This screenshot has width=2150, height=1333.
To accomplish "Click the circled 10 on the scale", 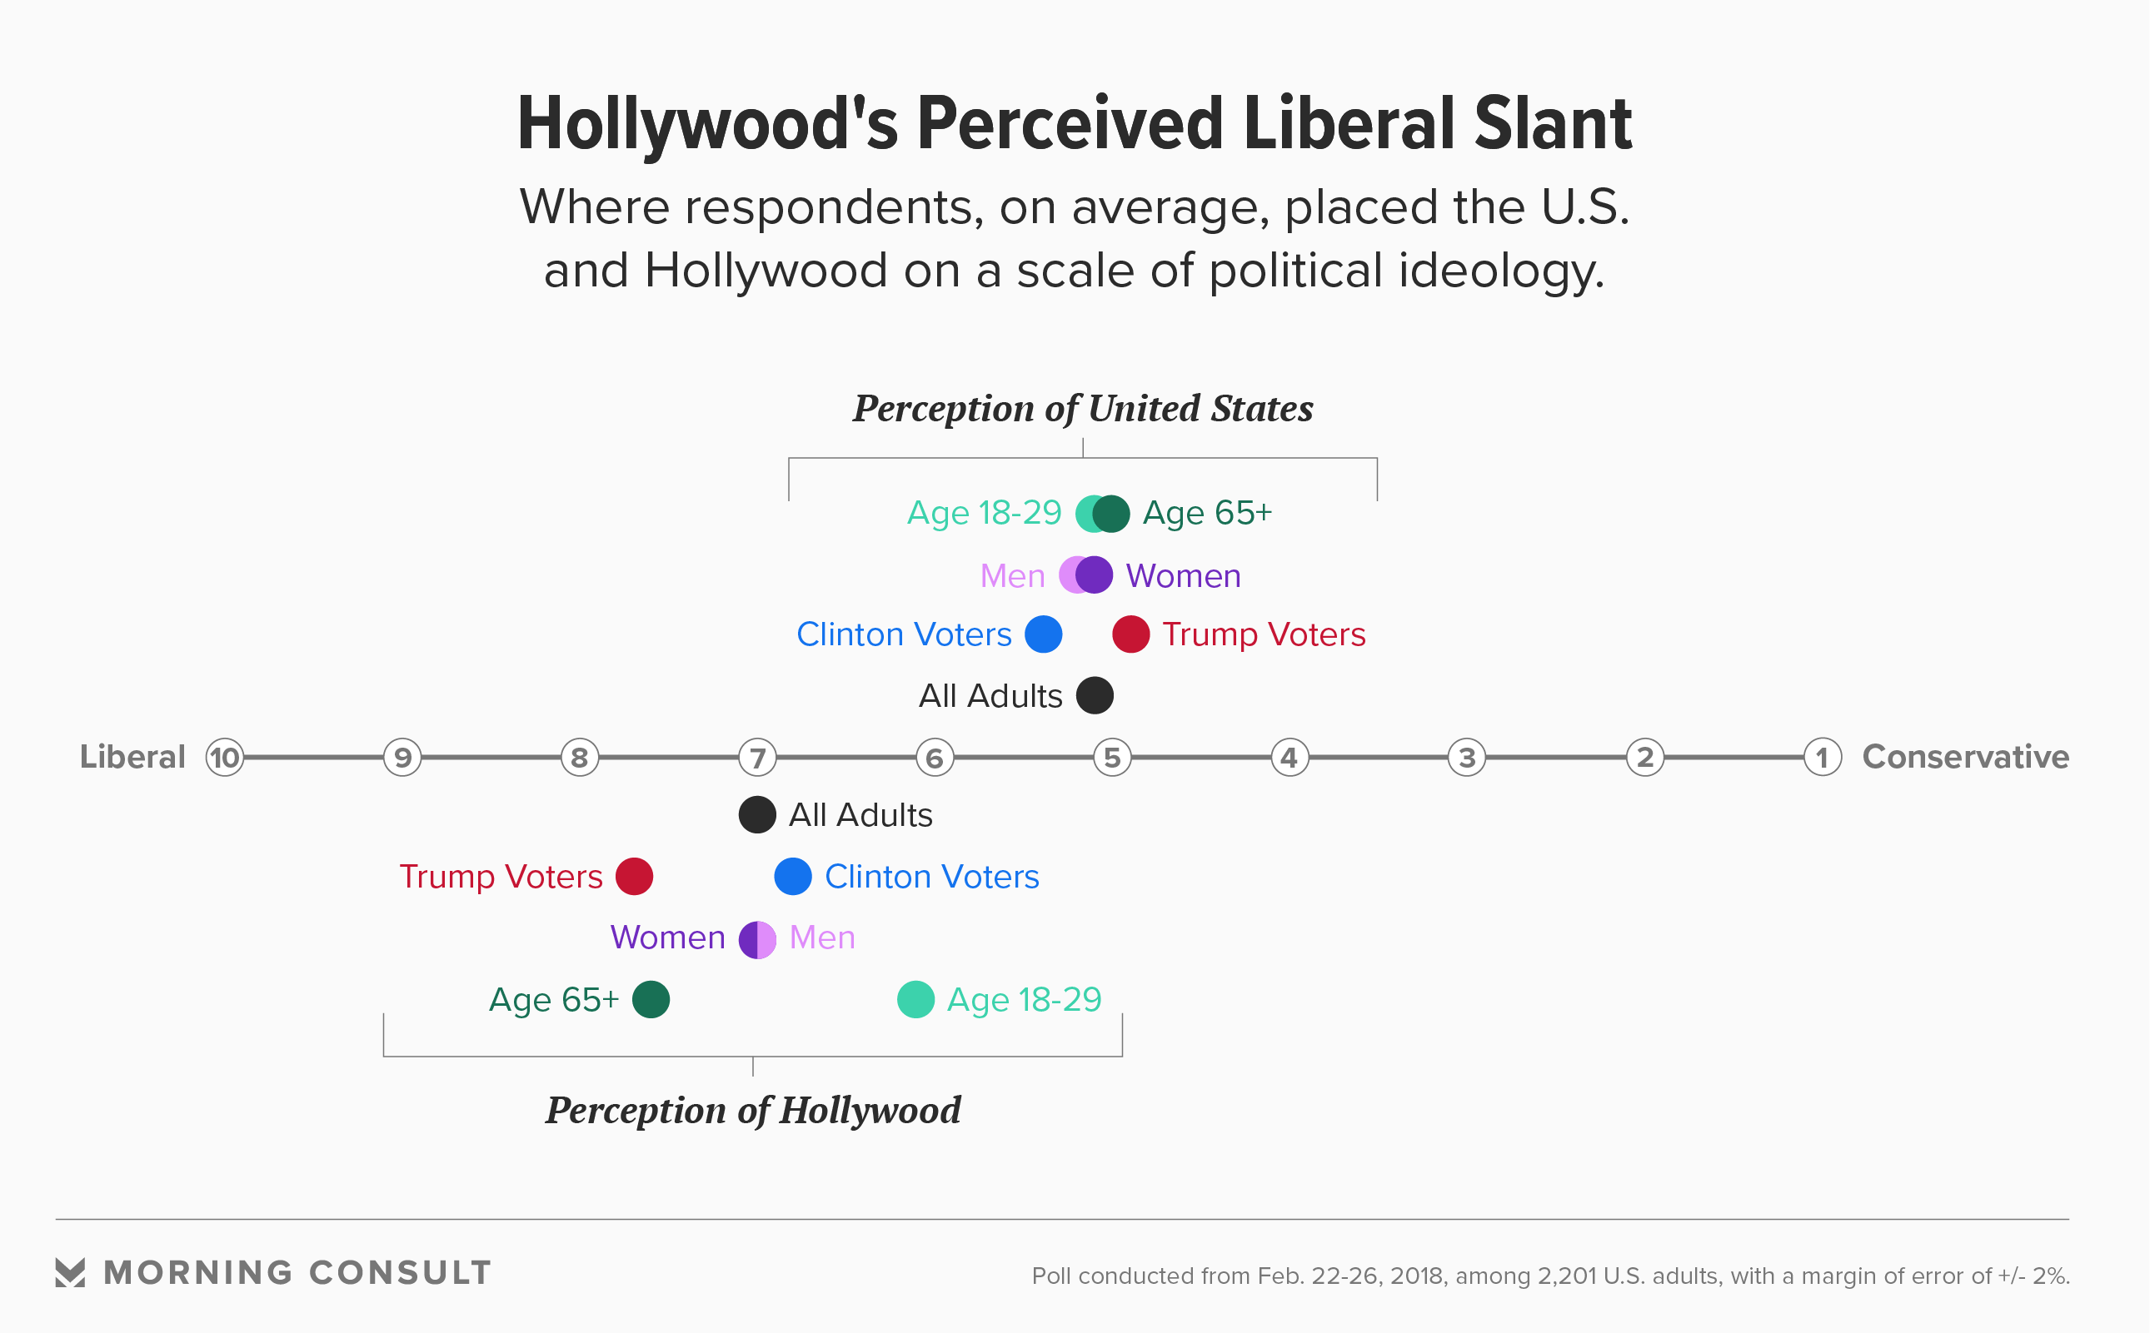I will click(225, 758).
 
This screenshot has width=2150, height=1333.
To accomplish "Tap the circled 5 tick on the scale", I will click(1112, 758).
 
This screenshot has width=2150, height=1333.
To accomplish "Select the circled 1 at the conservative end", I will click(1822, 758).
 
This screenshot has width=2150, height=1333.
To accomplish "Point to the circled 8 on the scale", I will click(580, 758).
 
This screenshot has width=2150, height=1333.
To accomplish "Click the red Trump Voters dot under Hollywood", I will click(634, 877).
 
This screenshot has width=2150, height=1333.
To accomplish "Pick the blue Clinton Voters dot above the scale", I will click(1043, 634).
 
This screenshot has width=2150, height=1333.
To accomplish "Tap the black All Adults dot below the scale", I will click(756, 814).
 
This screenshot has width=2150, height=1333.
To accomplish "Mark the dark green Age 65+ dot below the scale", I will click(651, 1000).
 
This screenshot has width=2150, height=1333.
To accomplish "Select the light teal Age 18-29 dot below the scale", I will click(915, 1000).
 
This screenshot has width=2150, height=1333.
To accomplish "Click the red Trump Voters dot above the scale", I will click(1130, 634).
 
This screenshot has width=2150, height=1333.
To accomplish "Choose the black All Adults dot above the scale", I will click(1095, 695).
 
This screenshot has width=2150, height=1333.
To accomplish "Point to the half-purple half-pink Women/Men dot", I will click(756, 940).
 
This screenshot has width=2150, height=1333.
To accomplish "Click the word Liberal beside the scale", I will click(132, 758).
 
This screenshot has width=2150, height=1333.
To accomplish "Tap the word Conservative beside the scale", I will click(1965, 758).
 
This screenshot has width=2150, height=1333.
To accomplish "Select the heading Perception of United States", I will click(1082, 409).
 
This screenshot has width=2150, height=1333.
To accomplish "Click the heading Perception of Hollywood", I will click(752, 1111).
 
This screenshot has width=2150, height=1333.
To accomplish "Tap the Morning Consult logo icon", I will click(71, 1272).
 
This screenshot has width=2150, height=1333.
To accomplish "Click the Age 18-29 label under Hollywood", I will click(1024, 1000).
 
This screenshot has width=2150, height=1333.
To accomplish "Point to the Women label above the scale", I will click(1183, 575).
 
